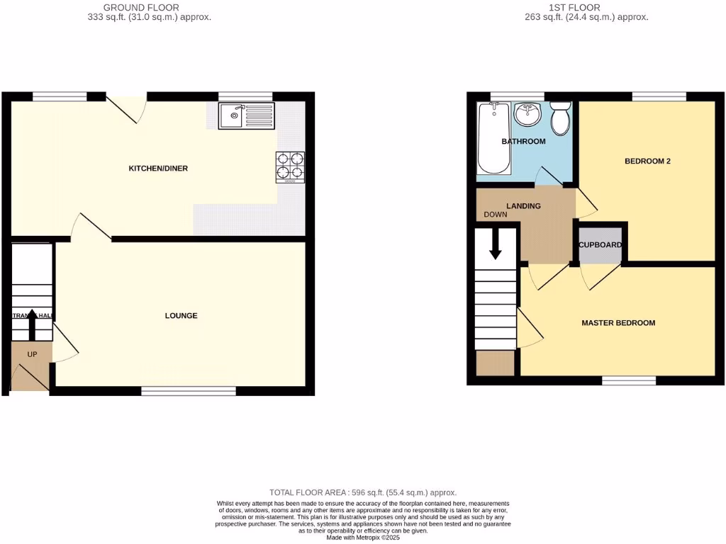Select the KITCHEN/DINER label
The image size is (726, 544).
(157, 169)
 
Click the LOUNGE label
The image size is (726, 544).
(181, 316)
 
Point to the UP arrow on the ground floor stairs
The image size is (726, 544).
(32, 328)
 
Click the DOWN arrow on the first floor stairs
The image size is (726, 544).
(495, 244)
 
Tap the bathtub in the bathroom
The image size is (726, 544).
(493, 137)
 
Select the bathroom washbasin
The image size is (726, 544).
(527, 113)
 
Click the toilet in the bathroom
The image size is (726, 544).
(561, 118)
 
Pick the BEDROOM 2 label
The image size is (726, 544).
(647, 161)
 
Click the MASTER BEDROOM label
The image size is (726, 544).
(618, 323)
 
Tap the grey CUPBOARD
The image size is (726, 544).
(601, 246)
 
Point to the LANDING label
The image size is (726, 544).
(524, 206)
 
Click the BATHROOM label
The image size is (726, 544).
(524, 142)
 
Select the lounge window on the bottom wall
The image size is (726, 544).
(188, 390)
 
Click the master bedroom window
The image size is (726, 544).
(629, 381)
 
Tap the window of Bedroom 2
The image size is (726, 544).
(659, 96)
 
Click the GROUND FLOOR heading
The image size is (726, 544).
(141, 8)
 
